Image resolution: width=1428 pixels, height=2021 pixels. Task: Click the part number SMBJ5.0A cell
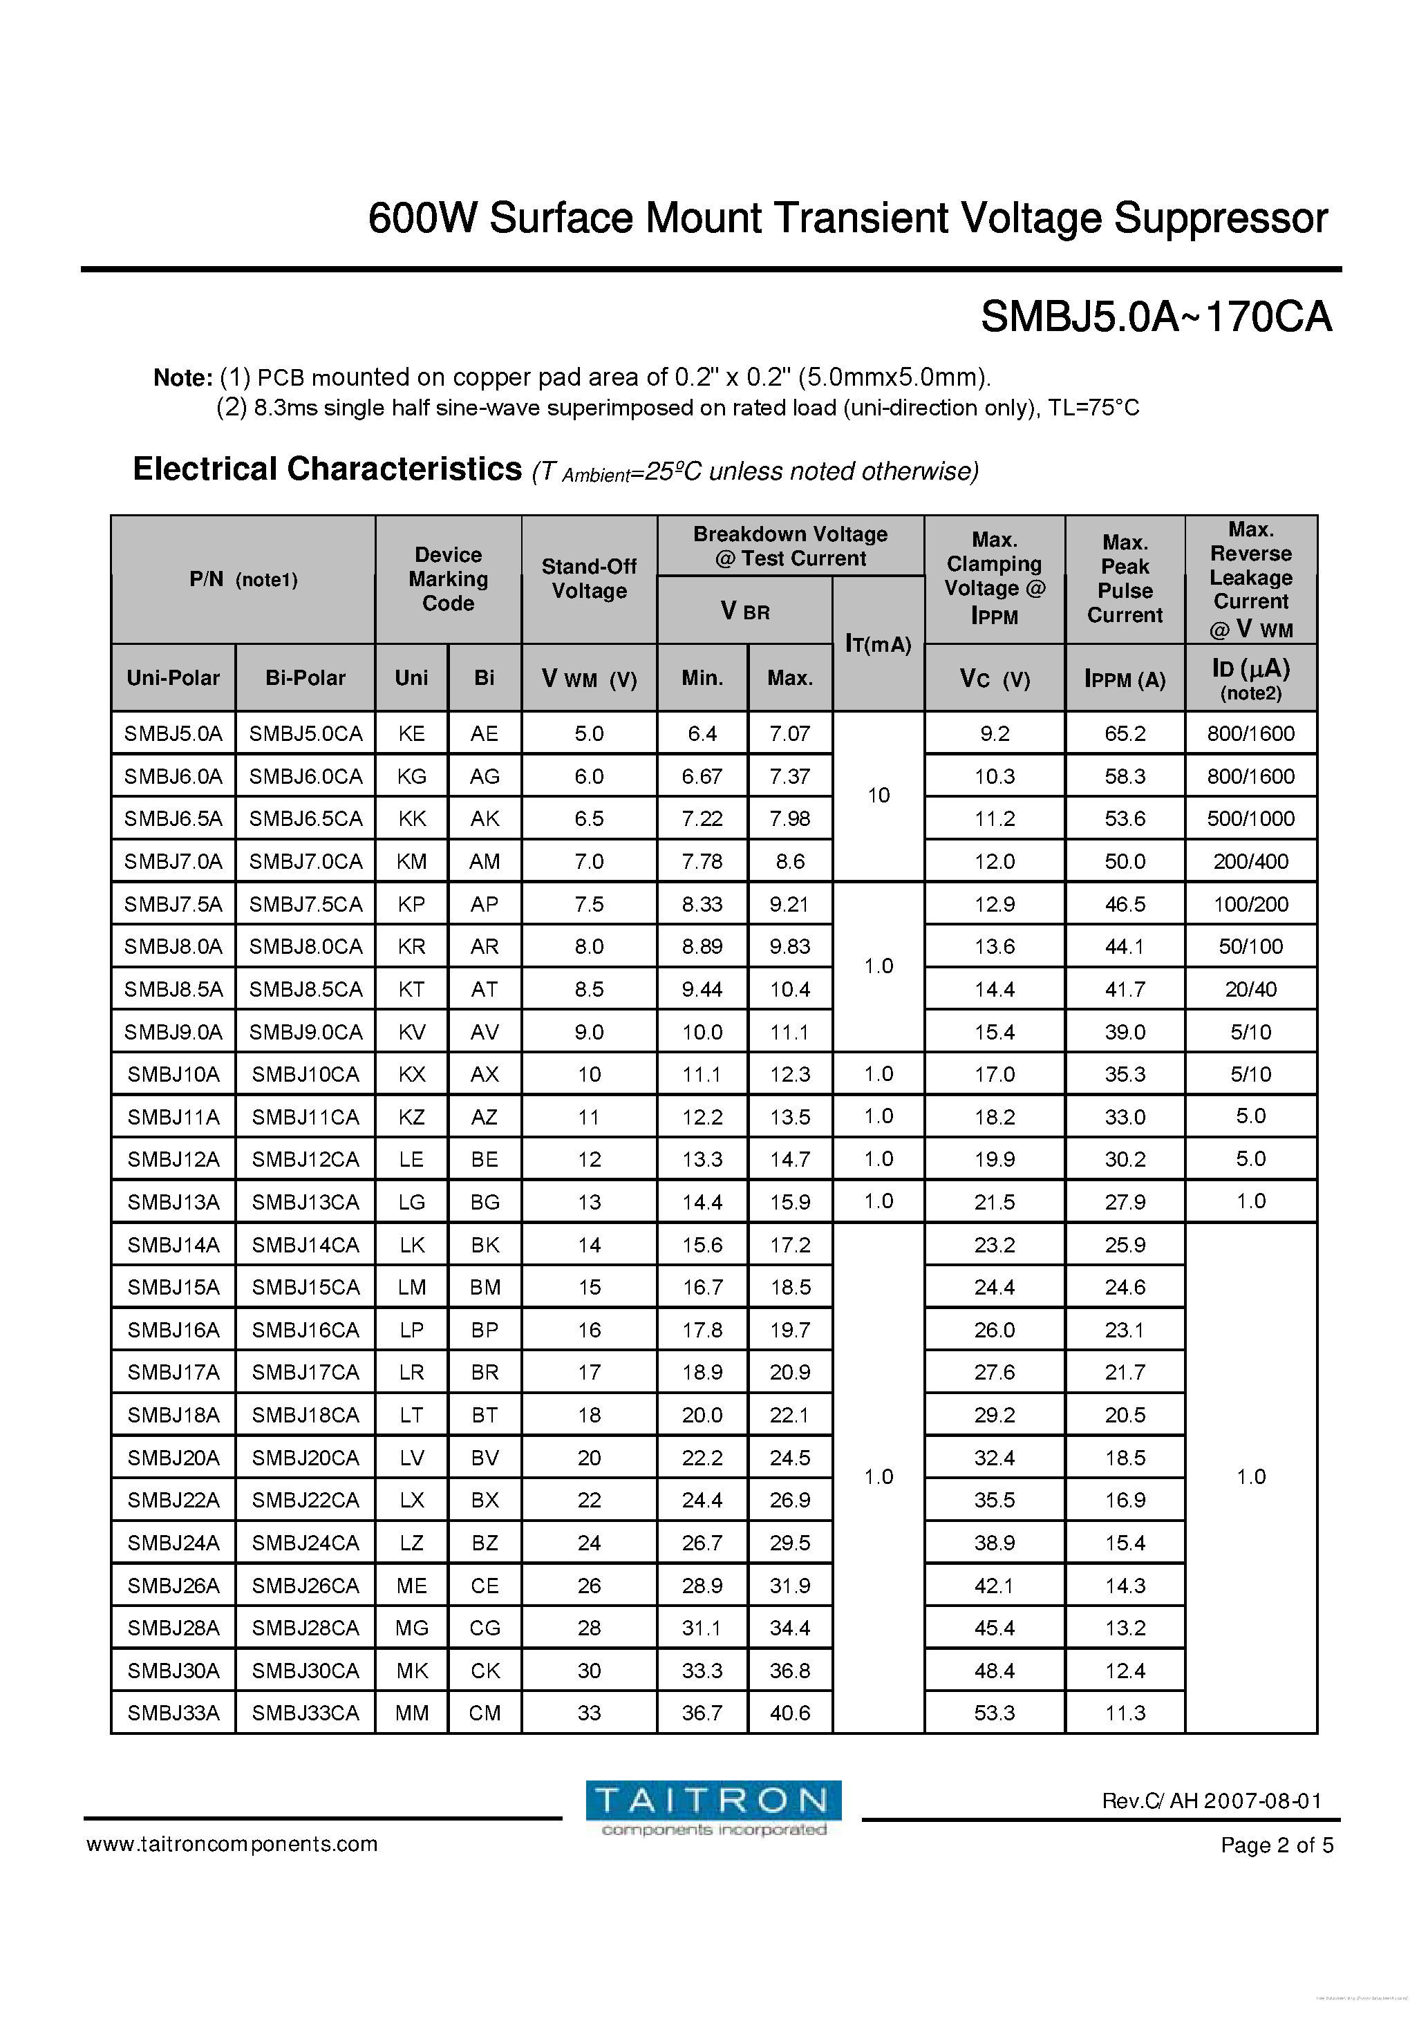pyautogui.click(x=173, y=733)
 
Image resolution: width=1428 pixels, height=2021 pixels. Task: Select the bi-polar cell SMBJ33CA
pyautogui.click(x=306, y=1713)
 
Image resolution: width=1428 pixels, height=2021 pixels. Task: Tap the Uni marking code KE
pyautogui.click(x=411, y=733)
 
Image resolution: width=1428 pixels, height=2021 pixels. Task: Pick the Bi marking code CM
pyautogui.click(x=485, y=1713)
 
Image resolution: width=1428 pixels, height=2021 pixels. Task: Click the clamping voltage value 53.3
pyautogui.click(x=994, y=1713)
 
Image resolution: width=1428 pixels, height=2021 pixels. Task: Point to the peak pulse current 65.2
pyautogui.click(x=1125, y=733)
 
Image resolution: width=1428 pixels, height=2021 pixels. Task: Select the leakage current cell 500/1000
pyautogui.click(x=1250, y=818)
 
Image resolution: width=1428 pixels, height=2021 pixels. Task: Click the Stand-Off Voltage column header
pyautogui.click(x=589, y=579)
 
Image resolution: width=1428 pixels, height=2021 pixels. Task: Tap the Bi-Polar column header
pyautogui.click(x=306, y=678)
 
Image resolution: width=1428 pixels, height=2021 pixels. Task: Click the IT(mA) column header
pyautogui.click(x=878, y=644)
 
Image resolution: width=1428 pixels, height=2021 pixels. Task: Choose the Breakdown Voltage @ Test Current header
pyautogui.click(x=790, y=546)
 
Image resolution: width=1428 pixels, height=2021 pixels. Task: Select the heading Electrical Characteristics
pyautogui.click(x=327, y=469)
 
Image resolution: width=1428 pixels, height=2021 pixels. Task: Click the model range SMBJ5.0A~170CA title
pyautogui.click(x=1156, y=316)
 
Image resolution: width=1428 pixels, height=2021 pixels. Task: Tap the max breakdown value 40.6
pyautogui.click(x=790, y=1713)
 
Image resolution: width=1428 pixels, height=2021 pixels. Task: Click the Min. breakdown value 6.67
pyautogui.click(x=702, y=776)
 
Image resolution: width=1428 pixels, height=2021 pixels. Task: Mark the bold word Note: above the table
pyautogui.click(x=182, y=377)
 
